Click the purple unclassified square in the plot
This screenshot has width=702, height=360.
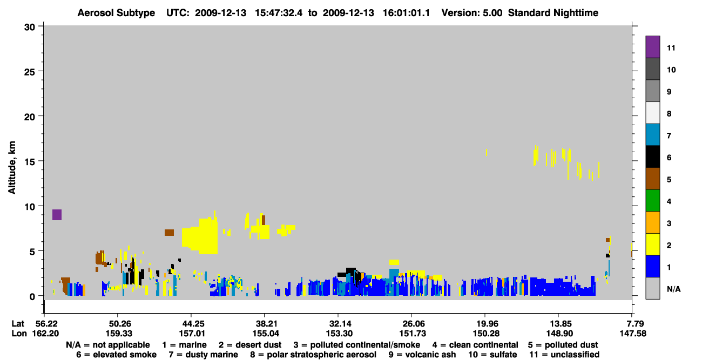pos(57,215)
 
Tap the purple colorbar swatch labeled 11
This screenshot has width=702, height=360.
pos(652,47)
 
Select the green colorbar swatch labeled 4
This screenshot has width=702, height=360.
pos(652,201)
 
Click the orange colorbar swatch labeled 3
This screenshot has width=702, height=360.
pos(652,222)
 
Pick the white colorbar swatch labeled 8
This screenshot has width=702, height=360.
pos(652,113)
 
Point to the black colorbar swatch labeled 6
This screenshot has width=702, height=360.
pos(652,157)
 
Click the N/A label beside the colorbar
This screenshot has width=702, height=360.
pos(673,289)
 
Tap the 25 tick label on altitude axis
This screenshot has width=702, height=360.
pos(30,72)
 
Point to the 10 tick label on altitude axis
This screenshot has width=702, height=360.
pos(30,207)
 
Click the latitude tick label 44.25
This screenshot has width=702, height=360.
pos(191,324)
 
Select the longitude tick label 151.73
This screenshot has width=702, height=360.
pos(412,334)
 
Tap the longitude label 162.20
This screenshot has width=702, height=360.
pos(45,334)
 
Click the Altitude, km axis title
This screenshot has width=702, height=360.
pos(12,168)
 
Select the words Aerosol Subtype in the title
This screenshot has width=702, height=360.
pos(116,13)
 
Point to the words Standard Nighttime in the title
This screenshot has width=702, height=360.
pos(553,13)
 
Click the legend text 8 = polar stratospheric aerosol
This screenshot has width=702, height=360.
pos(313,355)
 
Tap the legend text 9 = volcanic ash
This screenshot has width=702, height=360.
pos(422,355)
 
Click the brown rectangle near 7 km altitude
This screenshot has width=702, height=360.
pos(169,233)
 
